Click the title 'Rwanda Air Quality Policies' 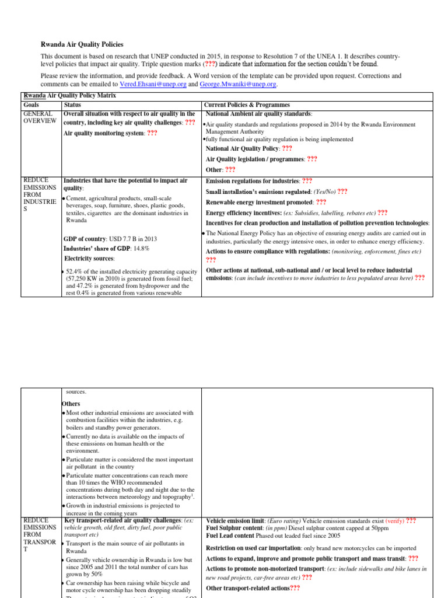tap(82, 44)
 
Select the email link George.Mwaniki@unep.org tap(237, 84)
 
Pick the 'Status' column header tap(73, 104)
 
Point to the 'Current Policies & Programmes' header tap(246, 104)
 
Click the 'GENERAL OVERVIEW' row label tap(40, 117)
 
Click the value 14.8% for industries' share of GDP tap(141, 248)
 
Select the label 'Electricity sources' tap(89, 258)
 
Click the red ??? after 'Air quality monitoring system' tap(152, 133)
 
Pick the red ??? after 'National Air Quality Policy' tap(287, 148)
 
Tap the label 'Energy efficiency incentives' tap(244, 213)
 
